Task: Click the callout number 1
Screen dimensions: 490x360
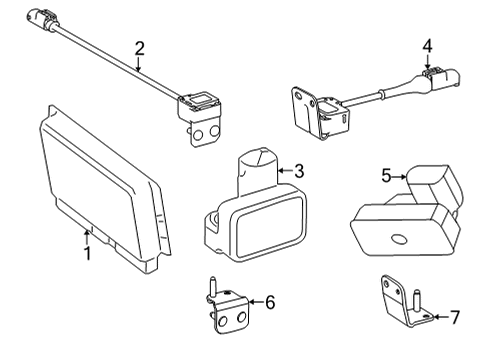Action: point(87,254)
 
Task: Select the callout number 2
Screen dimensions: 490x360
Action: point(140,49)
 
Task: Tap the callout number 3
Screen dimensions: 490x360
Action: point(299,171)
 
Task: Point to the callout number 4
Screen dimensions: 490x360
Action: point(427,46)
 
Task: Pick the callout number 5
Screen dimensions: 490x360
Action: point(386,176)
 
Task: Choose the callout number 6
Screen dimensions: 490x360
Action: point(270,302)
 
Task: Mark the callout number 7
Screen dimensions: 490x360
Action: point(455,317)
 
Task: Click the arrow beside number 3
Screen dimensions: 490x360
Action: point(285,171)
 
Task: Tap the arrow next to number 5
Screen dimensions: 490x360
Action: point(399,177)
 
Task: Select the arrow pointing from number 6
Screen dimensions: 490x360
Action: point(256,302)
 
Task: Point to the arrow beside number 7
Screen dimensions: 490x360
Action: point(442,317)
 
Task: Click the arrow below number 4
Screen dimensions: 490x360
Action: point(428,62)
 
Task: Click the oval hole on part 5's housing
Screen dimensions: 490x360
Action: point(399,239)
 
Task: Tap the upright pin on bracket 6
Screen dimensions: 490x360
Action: point(212,286)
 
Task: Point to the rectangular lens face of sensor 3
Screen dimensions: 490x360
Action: point(270,228)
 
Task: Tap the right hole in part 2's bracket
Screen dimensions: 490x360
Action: point(215,131)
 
